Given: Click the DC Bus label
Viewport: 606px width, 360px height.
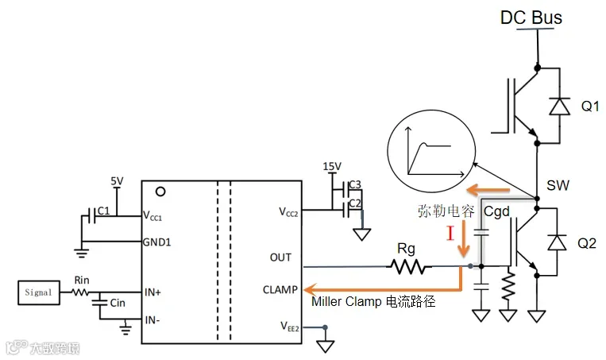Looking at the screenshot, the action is tap(531, 17).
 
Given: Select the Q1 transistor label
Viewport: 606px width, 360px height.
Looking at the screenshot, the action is tap(590, 106).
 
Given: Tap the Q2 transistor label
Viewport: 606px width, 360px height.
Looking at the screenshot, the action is tap(587, 243).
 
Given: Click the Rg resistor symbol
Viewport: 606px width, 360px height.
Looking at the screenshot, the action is tap(408, 266).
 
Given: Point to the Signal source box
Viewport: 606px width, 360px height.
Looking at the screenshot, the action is tap(39, 292).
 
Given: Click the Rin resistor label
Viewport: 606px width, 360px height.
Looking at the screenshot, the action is tap(82, 280).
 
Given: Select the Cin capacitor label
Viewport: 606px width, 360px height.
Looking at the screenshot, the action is tap(118, 303).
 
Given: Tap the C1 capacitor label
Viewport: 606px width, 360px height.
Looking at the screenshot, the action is tap(103, 211).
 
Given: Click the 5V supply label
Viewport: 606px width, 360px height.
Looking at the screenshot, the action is tap(117, 181).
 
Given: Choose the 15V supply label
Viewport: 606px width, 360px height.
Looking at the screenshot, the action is tap(332, 166).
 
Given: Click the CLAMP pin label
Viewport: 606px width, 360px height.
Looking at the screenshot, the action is tap(280, 289).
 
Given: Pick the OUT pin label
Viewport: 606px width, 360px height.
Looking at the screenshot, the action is tap(280, 257).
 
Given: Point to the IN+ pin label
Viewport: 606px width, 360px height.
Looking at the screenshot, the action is tap(152, 292).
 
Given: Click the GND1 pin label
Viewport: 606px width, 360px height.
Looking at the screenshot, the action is tap(157, 242).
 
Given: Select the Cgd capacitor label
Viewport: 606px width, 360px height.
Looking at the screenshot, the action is tap(496, 212).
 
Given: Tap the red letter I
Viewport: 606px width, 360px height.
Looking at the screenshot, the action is tap(450, 233).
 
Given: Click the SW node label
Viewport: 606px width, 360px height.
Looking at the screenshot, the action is tap(558, 186).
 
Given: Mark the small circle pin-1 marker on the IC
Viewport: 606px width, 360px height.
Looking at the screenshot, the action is tap(160, 192).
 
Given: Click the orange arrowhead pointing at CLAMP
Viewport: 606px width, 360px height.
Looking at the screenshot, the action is tap(310, 289).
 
